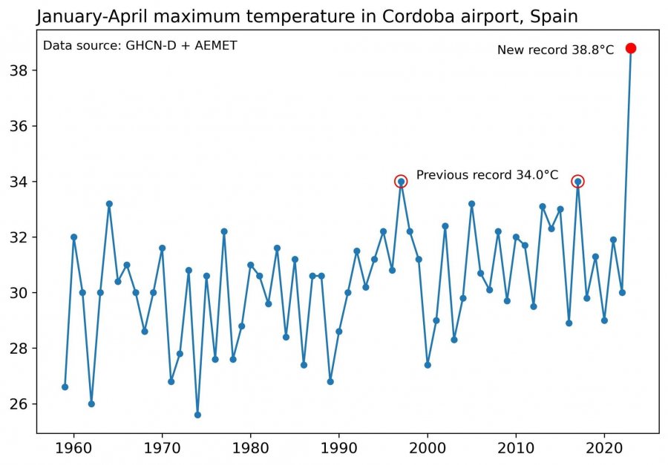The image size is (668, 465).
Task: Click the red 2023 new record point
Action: [631, 48]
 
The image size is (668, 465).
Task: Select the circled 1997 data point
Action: [401, 181]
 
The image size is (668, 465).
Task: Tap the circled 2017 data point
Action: [577, 181]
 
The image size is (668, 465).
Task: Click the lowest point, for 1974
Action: [197, 415]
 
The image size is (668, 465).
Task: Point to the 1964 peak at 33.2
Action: [109, 203]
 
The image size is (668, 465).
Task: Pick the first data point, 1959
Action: [65, 387]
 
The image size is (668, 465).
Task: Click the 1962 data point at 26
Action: [91, 403]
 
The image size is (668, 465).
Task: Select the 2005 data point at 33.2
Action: [471, 203]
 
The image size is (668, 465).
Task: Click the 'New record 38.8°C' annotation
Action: [555, 50]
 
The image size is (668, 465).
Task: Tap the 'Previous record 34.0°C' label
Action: [487, 175]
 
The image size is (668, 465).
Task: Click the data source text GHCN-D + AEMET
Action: [140, 46]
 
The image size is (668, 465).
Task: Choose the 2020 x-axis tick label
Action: [604, 448]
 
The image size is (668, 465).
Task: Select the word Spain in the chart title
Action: [553, 16]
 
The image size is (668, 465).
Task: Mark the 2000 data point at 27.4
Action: [428, 365]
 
